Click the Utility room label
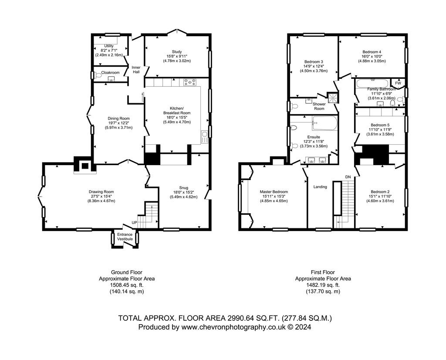pyautogui.click(x=109, y=46)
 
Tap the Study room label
pyautogui.click(x=177, y=52)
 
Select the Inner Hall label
pyautogui.click(x=136, y=70)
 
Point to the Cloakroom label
pyautogui.click(x=110, y=73)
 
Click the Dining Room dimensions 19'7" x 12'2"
pyautogui.click(x=118, y=123)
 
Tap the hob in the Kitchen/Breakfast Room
pyautogui.click(x=190, y=82)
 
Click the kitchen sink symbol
pyautogui.click(x=205, y=137)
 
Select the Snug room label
pyautogui.click(x=183, y=188)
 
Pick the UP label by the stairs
pyautogui.click(x=134, y=222)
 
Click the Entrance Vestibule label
pyautogui.click(x=125, y=237)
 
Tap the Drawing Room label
pyautogui.click(x=101, y=192)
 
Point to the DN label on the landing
pyautogui.click(x=348, y=177)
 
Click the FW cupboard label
pyautogui.click(x=398, y=83)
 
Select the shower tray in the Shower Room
pyautogui.click(x=333, y=97)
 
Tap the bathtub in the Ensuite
pyautogui.click(x=324, y=123)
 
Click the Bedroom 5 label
pyautogui.click(x=380, y=125)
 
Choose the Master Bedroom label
pyautogui.click(x=274, y=192)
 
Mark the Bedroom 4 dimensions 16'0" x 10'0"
pyautogui.click(x=372, y=56)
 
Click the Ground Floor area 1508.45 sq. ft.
pyautogui.click(x=127, y=285)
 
